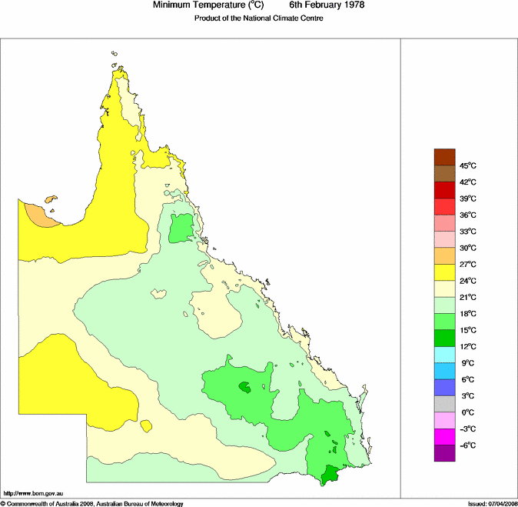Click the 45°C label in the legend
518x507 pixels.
(468, 165)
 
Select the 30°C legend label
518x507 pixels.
(468, 248)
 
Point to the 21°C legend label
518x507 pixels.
(468, 297)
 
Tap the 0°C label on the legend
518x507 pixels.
(467, 412)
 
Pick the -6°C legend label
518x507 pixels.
(467, 445)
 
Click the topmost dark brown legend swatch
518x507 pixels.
(445, 157)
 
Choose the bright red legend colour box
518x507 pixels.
(445, 206)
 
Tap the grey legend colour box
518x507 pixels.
(445, 404)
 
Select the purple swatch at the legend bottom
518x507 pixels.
(445, 453)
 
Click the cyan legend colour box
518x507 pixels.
(445, 355)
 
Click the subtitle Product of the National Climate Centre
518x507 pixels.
(258, 18)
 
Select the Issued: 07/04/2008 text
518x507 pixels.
(491, 503)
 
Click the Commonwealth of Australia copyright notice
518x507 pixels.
(92, 503)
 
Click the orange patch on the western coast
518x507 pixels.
(35, 215)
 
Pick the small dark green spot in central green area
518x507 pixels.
(244, 388)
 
